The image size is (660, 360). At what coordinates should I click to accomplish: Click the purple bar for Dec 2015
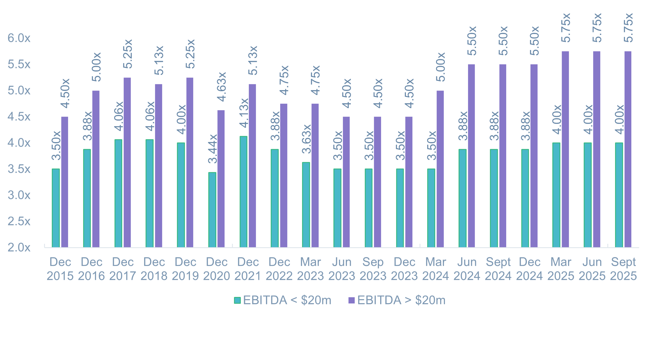tap(64, 182)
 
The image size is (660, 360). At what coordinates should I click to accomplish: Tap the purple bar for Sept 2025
tap(628, 149)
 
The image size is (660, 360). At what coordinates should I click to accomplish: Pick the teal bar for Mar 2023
tap(306, 205)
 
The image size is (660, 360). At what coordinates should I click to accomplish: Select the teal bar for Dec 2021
tap(243, 192)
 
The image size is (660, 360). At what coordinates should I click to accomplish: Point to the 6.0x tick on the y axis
tap(19, 38)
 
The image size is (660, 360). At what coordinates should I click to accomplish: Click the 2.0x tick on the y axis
tap(19, 247)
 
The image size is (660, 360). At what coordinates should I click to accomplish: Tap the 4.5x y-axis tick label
tap(19, 117)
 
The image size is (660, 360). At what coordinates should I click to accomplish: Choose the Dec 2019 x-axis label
tap(185, 269)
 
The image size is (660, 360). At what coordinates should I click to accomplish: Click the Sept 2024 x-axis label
tap(498, 269)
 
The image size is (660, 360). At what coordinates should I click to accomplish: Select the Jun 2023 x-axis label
tap(342, 269)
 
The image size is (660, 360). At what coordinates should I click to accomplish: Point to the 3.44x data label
tap(213, 149)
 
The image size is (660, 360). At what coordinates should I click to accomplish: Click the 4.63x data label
tap(222, 86)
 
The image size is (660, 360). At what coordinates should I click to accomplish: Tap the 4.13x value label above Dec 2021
tap(244, 113)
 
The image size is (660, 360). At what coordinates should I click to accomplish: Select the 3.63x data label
tap(306, 139)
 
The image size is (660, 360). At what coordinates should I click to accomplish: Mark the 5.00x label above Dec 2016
tap(96, 67)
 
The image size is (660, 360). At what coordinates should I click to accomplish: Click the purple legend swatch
tap(351, 300)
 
